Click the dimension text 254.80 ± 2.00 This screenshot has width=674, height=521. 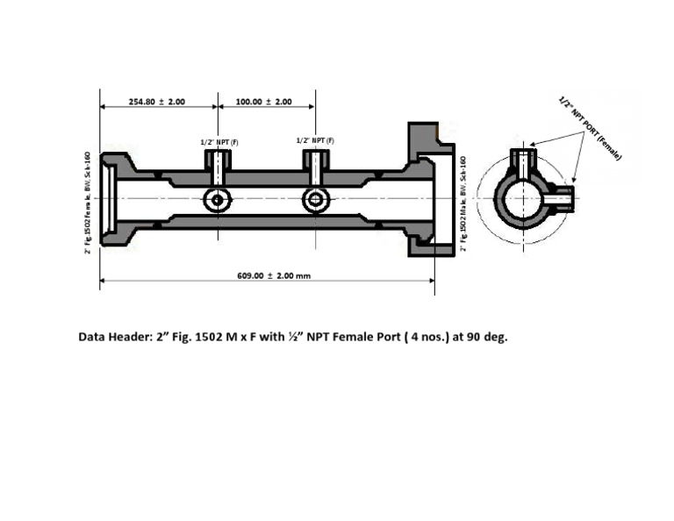pos(157,102)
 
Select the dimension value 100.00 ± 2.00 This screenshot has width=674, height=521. pos(264,102)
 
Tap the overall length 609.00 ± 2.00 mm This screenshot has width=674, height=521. pos(274,275)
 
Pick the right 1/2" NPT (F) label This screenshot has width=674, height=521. pos(315,140)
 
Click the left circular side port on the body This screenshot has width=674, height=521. pos(217,200)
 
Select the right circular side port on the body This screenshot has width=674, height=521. pos(316,200)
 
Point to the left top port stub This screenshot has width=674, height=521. pos(217,161)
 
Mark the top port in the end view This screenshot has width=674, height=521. pos(524,162)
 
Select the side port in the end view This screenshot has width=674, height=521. pos(559,198)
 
